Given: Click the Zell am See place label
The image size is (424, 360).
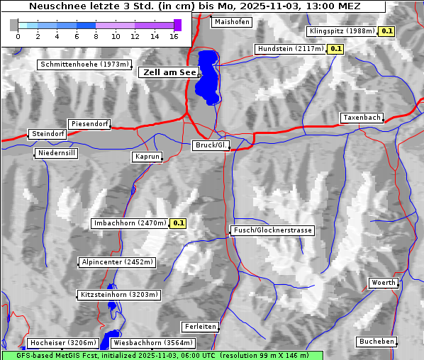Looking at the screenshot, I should click(x=170, y=72).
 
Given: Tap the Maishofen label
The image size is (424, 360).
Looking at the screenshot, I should click(x=231, y=22).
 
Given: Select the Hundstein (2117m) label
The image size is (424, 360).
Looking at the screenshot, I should click(x=291, y=49).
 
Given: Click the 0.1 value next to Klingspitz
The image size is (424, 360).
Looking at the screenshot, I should click(x=386, y=31).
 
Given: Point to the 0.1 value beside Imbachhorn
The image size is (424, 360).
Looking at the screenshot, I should click(x=178, y=223).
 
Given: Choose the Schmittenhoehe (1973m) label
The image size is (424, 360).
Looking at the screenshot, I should click(x=85, y=64).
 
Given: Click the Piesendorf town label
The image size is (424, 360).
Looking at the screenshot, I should click(x=89, y=124).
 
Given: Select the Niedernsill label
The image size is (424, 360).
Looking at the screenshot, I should click(x=57, y=153).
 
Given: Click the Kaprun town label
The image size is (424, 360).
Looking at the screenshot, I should click(x=147, y=157).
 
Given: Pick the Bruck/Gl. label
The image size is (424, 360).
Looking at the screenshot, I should click(x=212, y=145).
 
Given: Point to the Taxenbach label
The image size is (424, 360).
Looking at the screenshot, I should click(x=362, y=118).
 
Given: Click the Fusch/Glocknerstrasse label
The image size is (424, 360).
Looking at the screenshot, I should click(x=273, y=230).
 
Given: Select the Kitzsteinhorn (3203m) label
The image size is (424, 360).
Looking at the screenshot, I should click(x=120, y=294).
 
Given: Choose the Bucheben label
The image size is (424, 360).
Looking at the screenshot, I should click(x=376, y=342).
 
